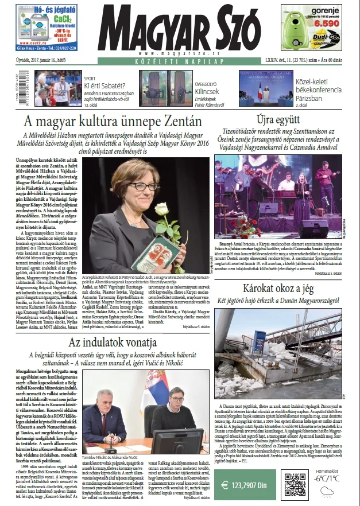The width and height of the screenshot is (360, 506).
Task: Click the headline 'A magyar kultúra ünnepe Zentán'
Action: click(x=113, y=122)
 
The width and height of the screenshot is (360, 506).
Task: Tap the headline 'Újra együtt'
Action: click(x=277, y=120)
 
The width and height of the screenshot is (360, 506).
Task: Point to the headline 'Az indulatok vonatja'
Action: click(x=113, y=343)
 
